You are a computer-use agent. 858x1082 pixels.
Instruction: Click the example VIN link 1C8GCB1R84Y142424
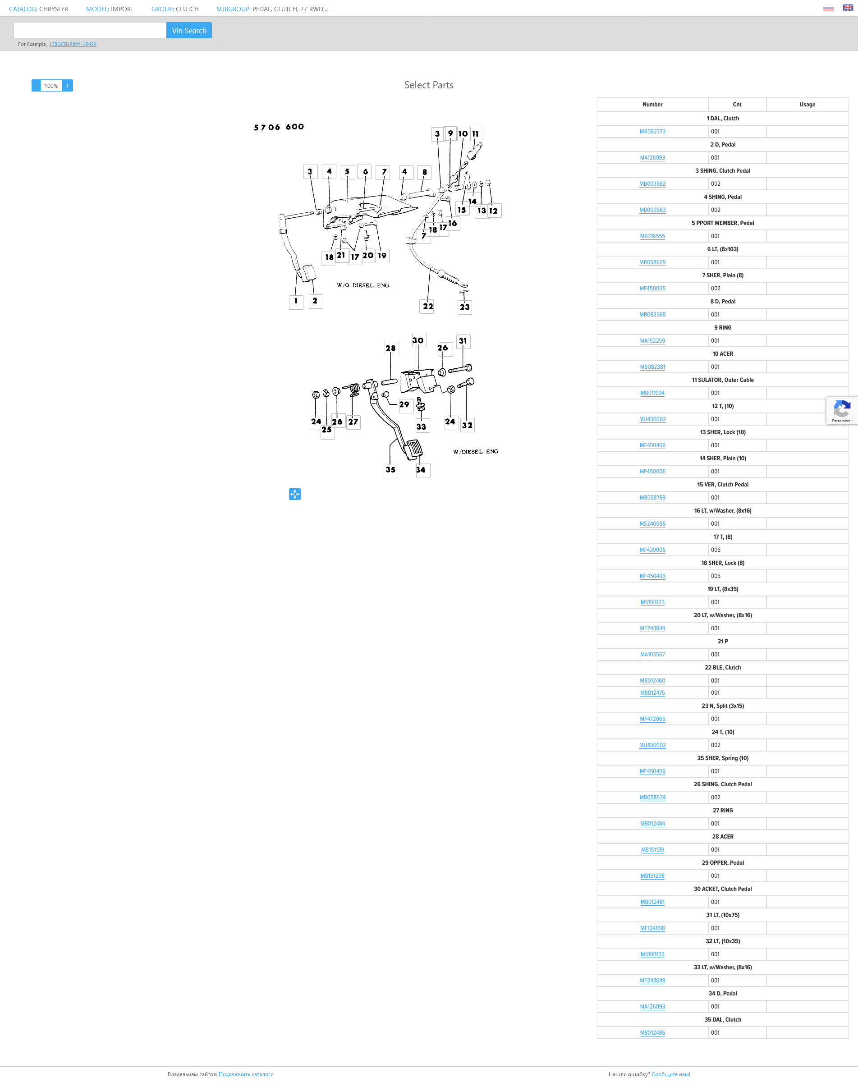pyautogui.click(x=72, y=44)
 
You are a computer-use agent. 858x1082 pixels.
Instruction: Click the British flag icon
pyautogui.click(x=848, y=8)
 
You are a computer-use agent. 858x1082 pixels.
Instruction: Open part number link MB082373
pyautogui.click(x=652, y=132)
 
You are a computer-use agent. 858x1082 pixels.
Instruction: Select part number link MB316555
pyautogui.click(x=652, y=236)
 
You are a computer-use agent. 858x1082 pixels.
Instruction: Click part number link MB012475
pyautogui.click(x=652, y=692)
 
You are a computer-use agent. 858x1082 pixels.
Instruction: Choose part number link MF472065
pyautogui.click(x=652, y=719)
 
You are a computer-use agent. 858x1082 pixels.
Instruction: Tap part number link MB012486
pyautogui.click(x=652, y=1032)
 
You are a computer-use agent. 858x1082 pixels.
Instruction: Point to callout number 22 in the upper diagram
pyautogui.click(x=427, y=306)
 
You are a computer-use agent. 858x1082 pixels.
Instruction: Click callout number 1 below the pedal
pyautogui.click(x=296, y=301)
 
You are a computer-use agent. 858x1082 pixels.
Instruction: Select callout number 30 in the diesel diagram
pyautogui.click(x=418, y=340)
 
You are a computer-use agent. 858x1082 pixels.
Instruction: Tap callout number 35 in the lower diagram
pyautogui.click(x=390, y=470)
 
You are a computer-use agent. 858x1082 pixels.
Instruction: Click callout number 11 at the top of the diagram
pyautogui.click(x=475, y=133)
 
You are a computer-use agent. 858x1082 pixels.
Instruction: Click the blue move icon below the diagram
pyautogui.click(x=294, y=494)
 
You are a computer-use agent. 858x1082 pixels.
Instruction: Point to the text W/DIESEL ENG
pyautogui.click(x=475, y=452)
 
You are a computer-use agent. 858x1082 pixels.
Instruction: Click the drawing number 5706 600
pyautogui.click(x=279, y=127)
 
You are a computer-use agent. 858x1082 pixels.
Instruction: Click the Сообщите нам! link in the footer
pyautogui.click(x=670, y=1074)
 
